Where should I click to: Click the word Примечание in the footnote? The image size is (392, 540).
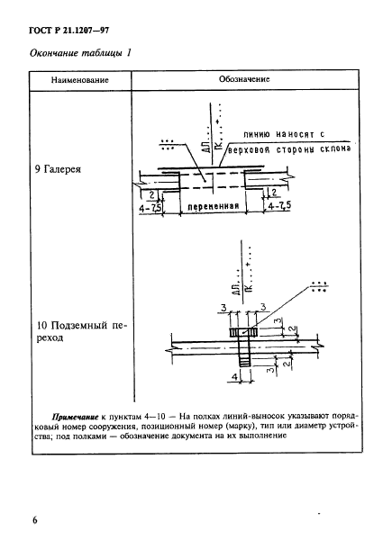80,417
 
